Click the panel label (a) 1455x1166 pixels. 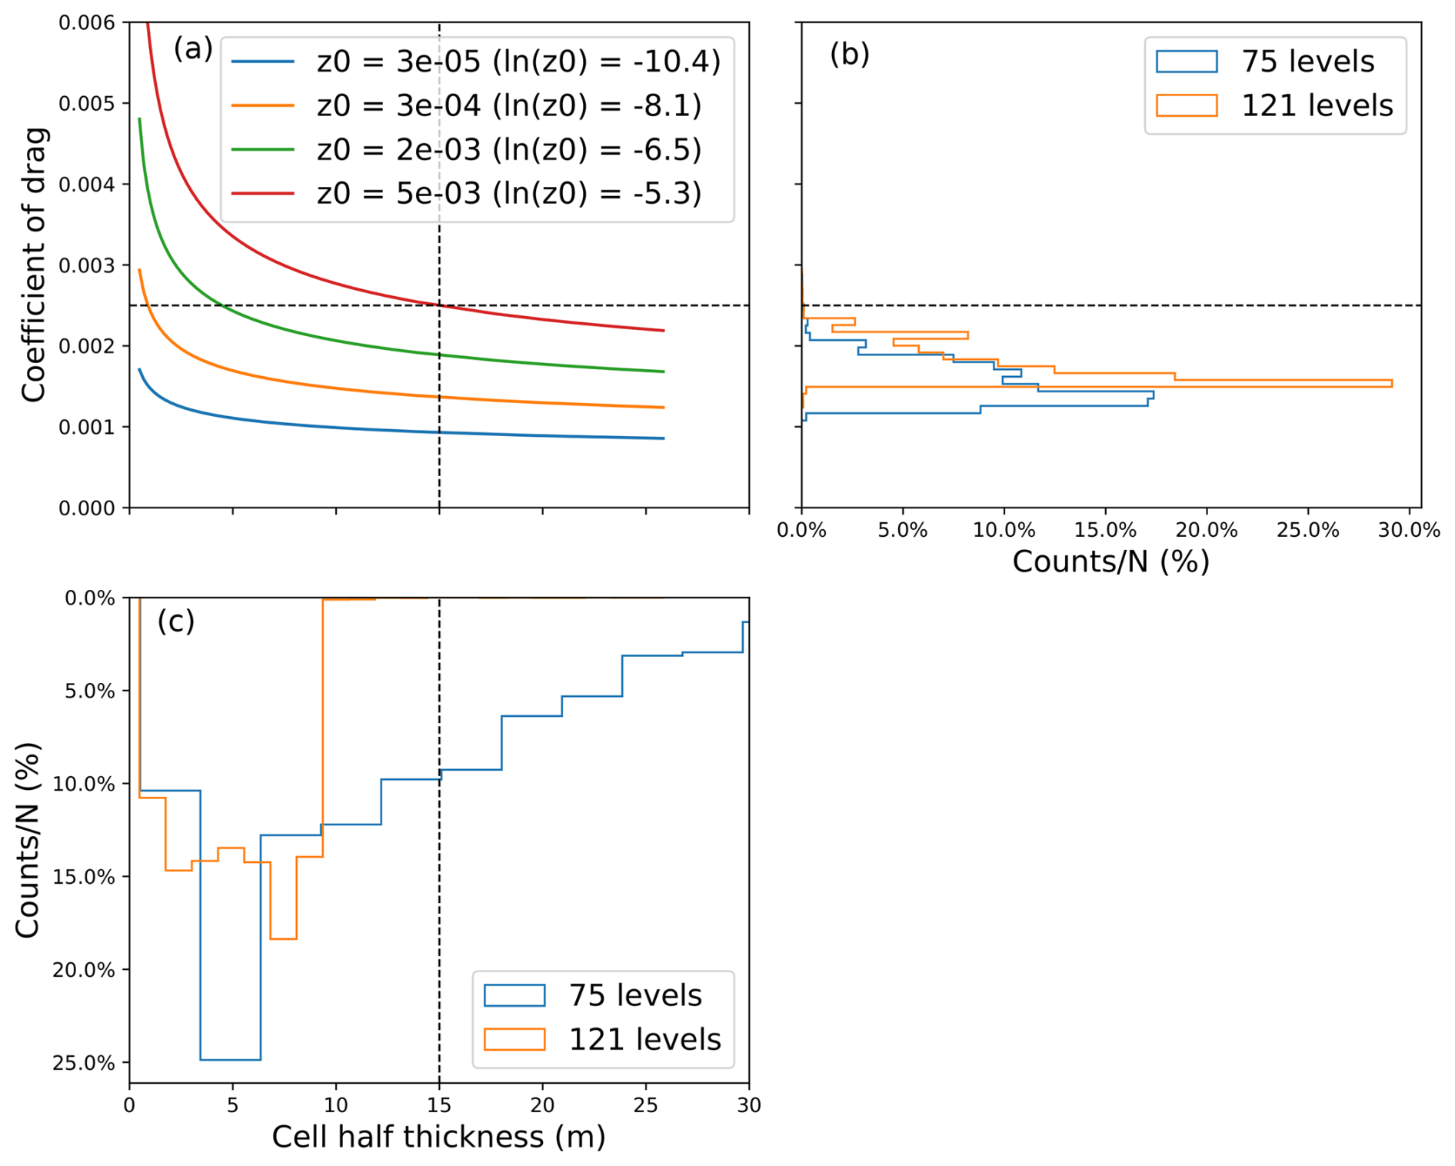tap(192, 49)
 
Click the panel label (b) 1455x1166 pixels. tap(849, 54)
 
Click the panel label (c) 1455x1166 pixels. tap(175, 621)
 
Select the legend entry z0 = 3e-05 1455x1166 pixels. tap(476, 62)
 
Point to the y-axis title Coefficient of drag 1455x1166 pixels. tap(34, 265)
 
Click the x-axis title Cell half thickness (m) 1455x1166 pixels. tap(438, 1137)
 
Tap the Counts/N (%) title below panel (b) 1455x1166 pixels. tap(1110, 561)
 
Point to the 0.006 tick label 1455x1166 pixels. tap(86, 23)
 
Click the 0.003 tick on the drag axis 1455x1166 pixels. tap(86, 265)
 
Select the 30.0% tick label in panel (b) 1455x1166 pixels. tap(1409, 530)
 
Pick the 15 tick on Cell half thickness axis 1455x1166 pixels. tap(439, 1105)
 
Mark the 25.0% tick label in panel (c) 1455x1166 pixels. tap(83, 1063)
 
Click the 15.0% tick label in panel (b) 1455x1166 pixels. tap(1105, 530)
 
